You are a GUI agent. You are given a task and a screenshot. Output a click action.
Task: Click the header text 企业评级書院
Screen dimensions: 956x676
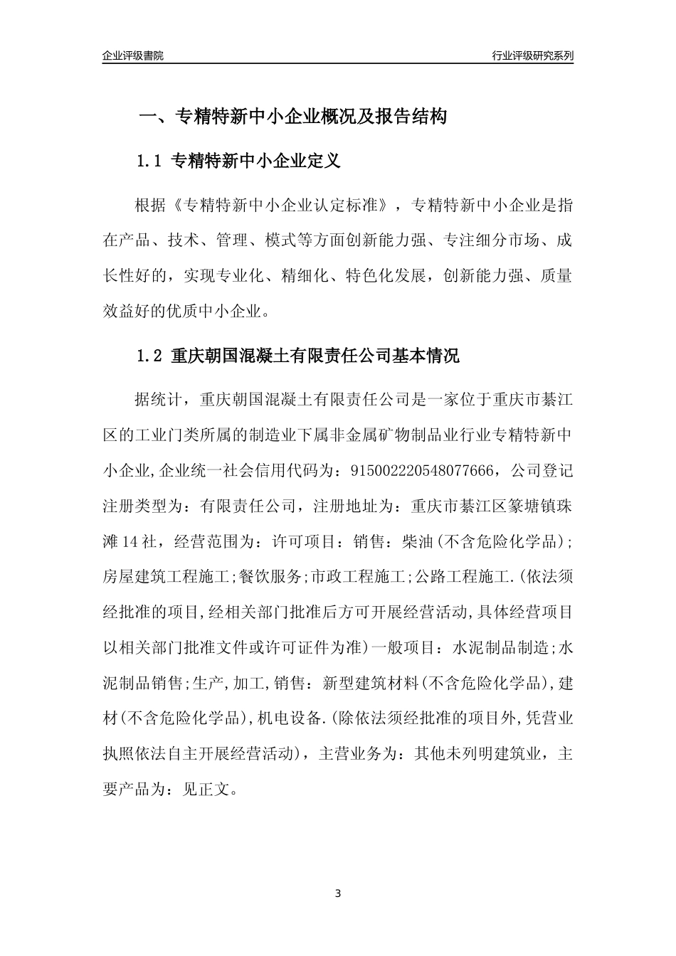pos(133,55)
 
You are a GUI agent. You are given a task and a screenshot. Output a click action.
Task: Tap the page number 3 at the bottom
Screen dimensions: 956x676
pos(338,893)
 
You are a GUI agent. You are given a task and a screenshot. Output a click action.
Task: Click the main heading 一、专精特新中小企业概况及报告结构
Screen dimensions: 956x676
pos(292,117)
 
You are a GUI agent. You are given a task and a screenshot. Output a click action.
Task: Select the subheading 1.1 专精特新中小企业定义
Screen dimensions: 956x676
pos(238,161)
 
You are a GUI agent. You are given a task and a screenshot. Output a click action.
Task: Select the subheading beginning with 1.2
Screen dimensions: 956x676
pos(297,356)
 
